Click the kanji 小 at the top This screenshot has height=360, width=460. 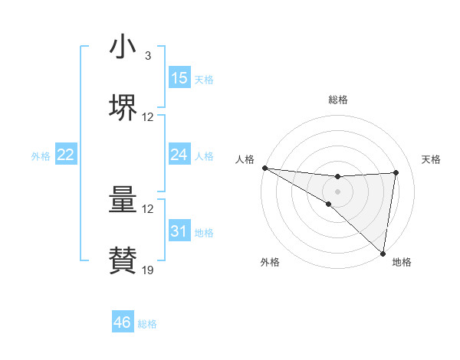123,47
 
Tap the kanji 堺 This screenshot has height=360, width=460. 123,107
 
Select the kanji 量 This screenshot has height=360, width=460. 123,200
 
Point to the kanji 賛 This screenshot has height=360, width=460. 123,260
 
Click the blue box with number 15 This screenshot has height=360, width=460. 179,78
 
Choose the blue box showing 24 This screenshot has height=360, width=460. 179,155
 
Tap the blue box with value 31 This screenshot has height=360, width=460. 179,231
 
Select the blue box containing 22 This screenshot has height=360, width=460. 66,155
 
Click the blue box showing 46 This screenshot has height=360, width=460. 123,322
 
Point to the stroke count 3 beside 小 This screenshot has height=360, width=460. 148,56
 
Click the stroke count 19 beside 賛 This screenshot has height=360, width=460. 148,270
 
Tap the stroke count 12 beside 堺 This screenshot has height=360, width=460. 148,117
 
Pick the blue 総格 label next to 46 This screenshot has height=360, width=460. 147,324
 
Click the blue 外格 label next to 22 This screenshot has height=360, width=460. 41,156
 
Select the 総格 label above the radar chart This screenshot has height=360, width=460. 337,100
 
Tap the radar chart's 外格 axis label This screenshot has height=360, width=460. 270,262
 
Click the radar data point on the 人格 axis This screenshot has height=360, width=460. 264,168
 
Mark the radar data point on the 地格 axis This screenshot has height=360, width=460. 383,254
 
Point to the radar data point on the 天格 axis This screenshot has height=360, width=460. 396,172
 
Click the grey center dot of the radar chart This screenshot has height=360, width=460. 337,191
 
